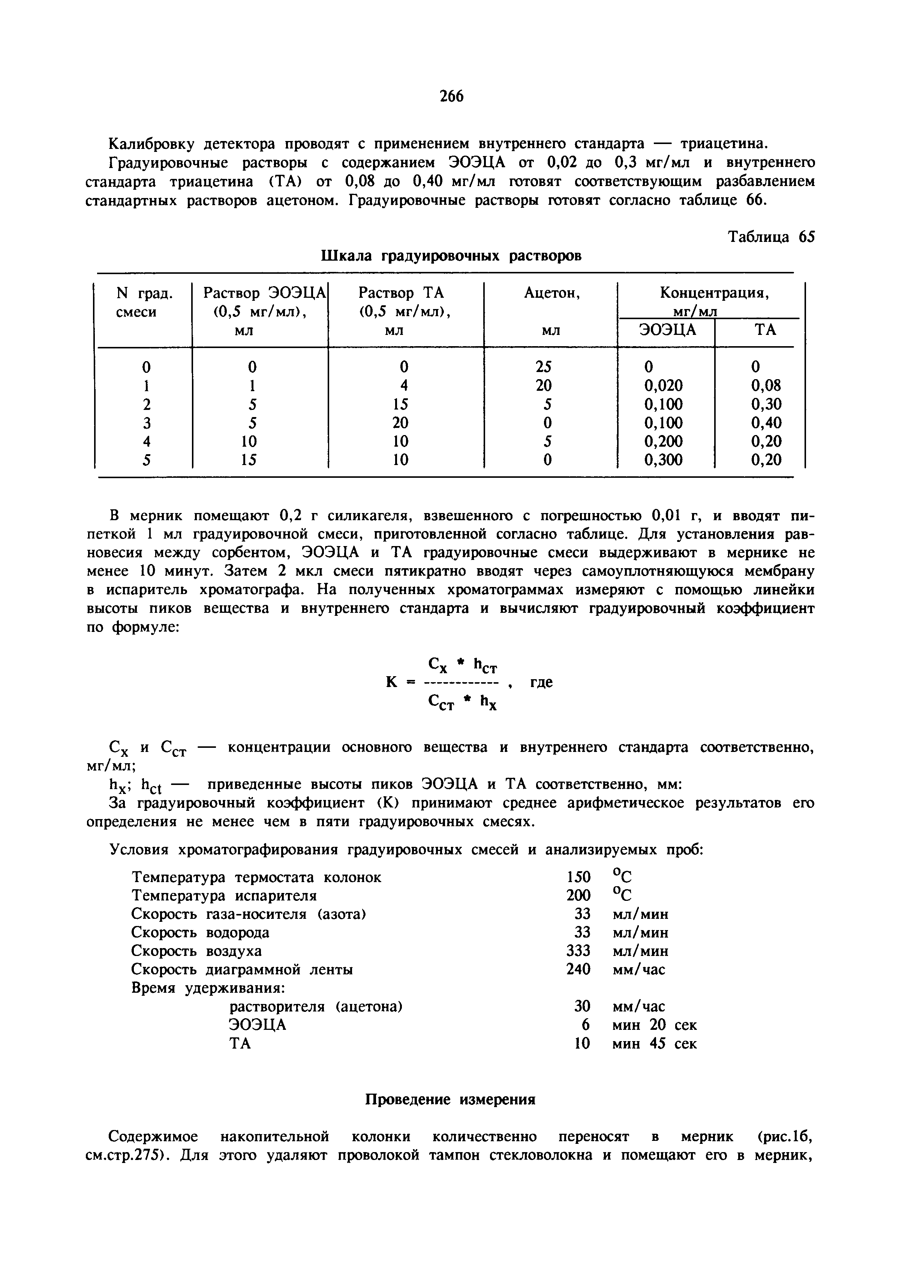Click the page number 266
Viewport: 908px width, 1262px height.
(451, 97)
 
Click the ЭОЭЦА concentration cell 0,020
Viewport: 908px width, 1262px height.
(663, 386)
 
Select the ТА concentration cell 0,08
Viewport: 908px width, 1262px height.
(766, 386)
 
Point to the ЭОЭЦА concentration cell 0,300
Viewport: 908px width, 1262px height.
(663, 460)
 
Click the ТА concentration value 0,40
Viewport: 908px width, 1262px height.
(766, 423)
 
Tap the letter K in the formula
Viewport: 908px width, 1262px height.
(391, 682)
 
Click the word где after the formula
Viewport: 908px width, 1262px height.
(541, 682)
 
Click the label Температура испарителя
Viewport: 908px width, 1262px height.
(224, 896)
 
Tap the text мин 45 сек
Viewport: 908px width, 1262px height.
(654, 1044)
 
